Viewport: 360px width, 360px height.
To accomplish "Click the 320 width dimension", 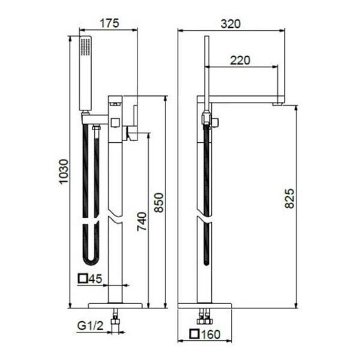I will pyautogui.click(x=231, y=24).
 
